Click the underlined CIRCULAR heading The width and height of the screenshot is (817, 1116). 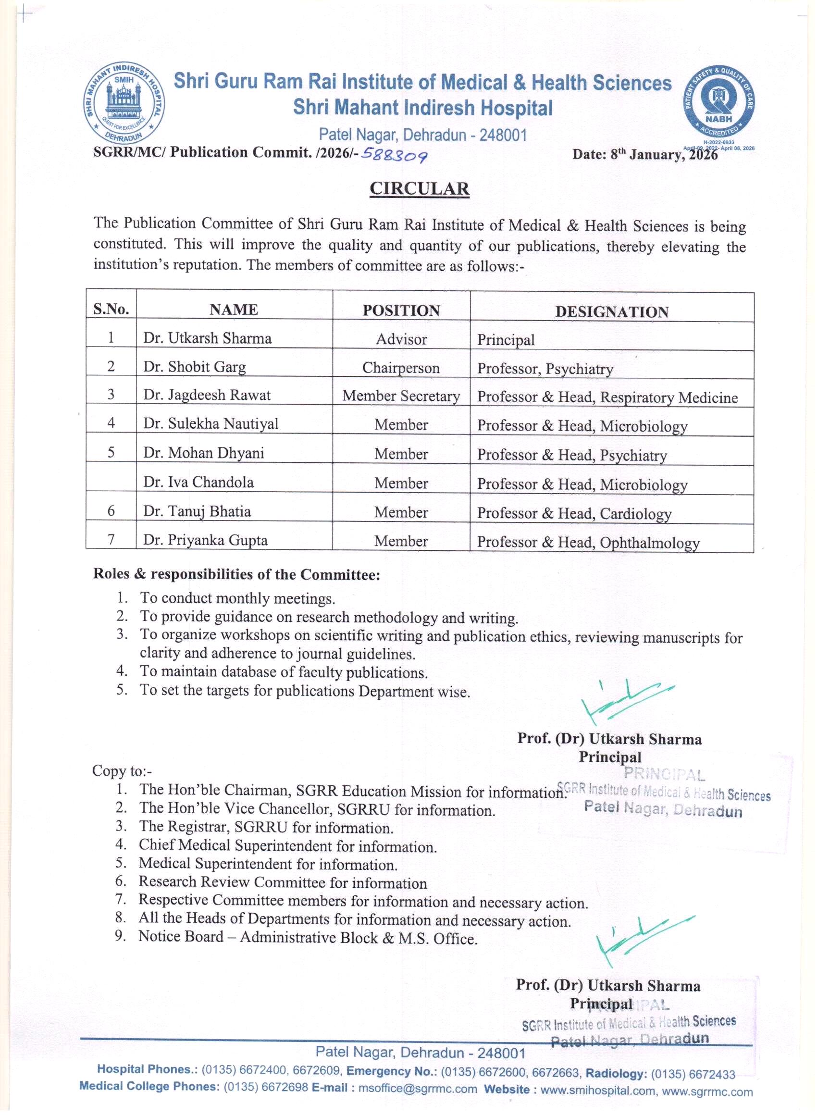[420, 189]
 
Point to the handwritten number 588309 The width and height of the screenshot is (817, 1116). [394, 156]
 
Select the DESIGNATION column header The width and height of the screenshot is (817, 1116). [612, 311]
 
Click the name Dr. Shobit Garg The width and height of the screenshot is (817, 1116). [194, 367]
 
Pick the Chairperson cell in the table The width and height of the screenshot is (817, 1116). [401, 368]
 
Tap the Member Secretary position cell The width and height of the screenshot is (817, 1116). [401, 396]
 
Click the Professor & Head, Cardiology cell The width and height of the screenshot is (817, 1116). [574, 513]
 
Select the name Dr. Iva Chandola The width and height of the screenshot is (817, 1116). [198, 482]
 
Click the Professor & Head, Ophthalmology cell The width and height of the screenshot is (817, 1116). [588, 543]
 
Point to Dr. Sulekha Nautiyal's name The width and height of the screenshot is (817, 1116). [210, 424]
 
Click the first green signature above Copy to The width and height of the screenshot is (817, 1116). [626, 700]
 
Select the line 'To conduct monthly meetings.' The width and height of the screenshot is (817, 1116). [237, 598]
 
